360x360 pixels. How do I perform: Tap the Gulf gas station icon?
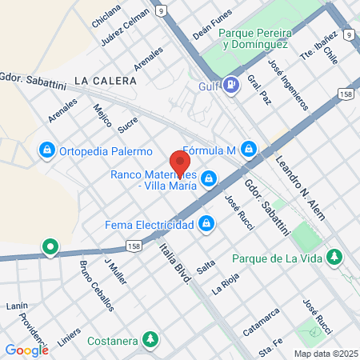(x=231, y=83)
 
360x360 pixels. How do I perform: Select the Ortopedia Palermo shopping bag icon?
(x=47, y=150)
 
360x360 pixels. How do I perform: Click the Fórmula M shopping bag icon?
(x=250, y=149)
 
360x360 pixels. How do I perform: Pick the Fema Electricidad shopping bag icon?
(x=207, y=223)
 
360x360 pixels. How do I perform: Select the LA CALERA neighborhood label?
(x=104, y=81)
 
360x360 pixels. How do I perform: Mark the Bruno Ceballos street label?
(x=96, y=286)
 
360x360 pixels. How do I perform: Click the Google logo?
(x=26, y=349)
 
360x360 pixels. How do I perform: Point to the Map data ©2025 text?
(x=325, y=353)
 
